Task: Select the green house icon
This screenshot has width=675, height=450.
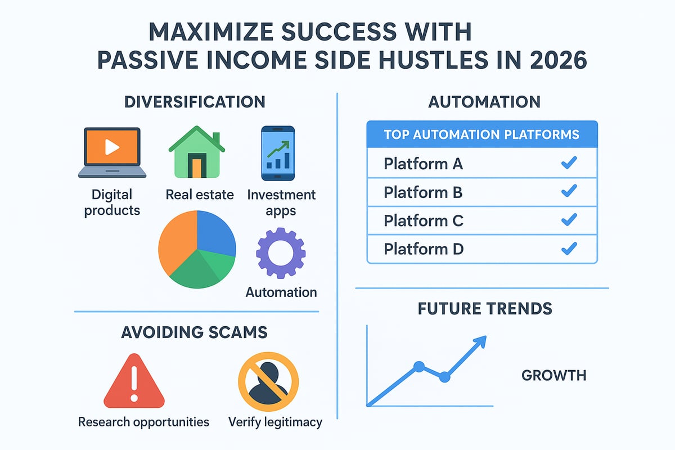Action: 196,152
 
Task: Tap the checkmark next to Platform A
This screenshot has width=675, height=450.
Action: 569,164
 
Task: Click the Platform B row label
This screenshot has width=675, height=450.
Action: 423,192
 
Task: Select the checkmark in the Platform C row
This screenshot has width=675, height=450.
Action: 569,220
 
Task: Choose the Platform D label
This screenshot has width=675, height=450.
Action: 424,248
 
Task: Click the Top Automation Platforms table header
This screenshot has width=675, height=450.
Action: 481,135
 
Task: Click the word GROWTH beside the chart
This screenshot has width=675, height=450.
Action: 553,375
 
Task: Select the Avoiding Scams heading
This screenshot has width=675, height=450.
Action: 194,332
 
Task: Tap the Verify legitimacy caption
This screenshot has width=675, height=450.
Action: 276,421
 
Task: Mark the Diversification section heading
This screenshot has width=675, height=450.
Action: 195,102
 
